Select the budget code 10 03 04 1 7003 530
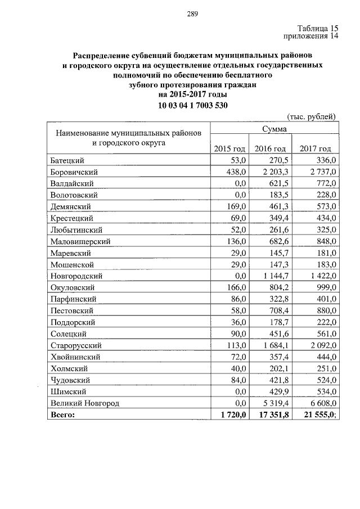click(x=193, y=105)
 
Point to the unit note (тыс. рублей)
click(x=312, y=116)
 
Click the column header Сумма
click(x=274, y=129)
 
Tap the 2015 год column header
click(x=230, y=148)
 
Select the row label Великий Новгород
click(x=85, y=403)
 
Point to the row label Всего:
click(x=62, y=415)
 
